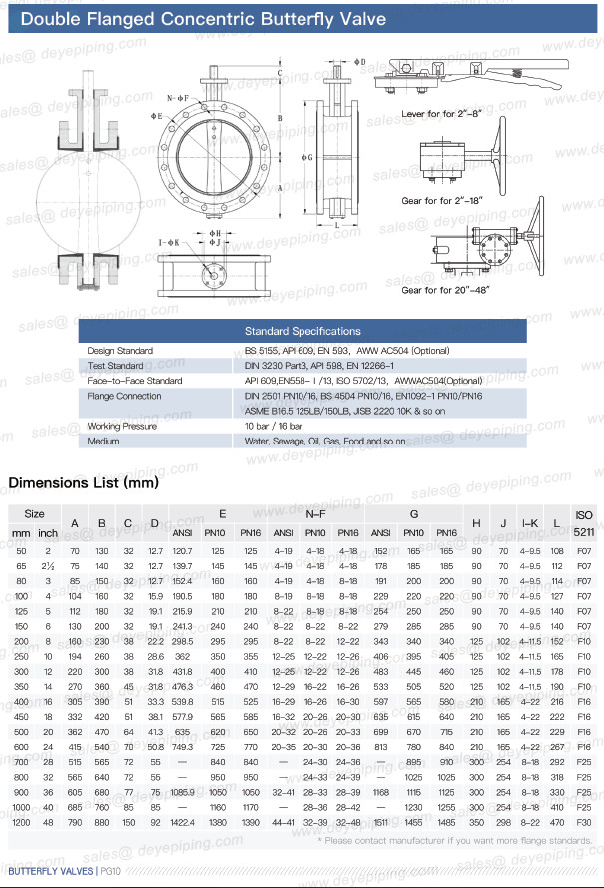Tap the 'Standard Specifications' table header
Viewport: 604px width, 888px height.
(x=302, y=331)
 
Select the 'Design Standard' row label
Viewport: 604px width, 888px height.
(x=120, y=351)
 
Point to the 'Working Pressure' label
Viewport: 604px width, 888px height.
(x=123, y=426)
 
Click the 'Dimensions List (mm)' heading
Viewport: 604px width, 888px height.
(x=84, y=483)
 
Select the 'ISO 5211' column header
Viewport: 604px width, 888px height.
(x=583, y=522)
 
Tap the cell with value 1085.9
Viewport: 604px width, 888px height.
(x=183, y=791)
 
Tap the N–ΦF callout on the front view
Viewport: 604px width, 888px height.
(x=177, y=97)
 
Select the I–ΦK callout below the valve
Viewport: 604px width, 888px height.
(x=169, y=242)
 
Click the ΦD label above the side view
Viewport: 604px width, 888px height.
(x=360, y=62)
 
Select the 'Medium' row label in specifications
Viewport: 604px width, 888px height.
(x=103, y=440)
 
